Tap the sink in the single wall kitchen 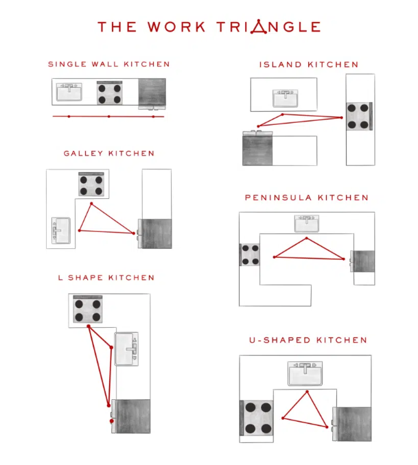point(69,92)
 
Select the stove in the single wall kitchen point(110,93)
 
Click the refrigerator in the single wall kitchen point(152,94)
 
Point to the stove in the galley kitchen point(91,184)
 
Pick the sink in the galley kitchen point(61,230)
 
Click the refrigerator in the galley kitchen point(154,234)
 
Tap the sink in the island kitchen point(286,99)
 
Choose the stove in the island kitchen point(359,117)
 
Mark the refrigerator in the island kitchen point(257,148)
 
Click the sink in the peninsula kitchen point(307,224)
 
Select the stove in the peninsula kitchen point(249,254)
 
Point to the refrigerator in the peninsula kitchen point(362,261)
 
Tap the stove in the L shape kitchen point(88,309)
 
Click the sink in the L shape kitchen point(126,349)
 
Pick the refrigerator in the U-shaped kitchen point(352,424)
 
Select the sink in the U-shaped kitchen point(305,374)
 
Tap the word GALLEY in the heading point(83,154)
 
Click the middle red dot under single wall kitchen point(109,117)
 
